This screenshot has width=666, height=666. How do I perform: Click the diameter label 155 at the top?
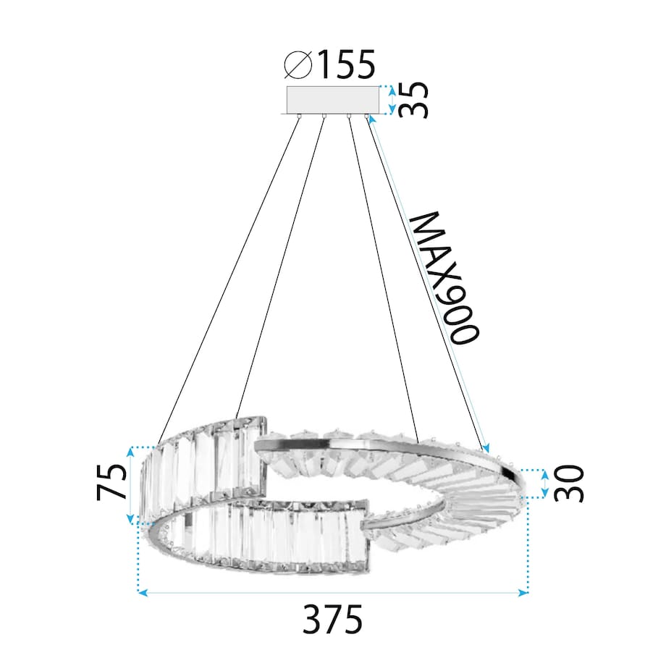pos(345,66)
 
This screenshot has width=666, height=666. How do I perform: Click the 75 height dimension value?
pos(112,484)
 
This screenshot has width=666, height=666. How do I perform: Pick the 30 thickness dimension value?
pos(568,484)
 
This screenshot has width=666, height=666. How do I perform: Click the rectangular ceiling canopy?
pos(333,100)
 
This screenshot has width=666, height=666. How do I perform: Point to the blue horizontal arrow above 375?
pos(333,593)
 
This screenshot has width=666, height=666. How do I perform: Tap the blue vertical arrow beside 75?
pos(130,484)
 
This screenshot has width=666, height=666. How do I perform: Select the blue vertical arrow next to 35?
pos(392,100)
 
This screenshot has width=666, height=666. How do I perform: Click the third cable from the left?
pos(384,275)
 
